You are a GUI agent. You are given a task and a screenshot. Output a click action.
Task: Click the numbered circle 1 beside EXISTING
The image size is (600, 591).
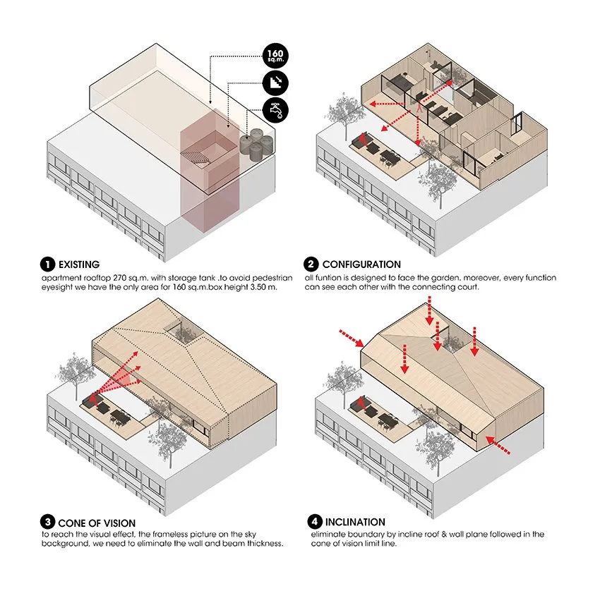48,265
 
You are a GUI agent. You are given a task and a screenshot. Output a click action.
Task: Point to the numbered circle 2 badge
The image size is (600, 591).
311,265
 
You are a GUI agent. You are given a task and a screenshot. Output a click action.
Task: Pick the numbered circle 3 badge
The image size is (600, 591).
48,523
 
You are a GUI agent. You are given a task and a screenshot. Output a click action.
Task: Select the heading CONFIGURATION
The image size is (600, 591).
361,265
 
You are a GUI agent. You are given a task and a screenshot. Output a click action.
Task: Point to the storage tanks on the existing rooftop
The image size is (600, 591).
257,143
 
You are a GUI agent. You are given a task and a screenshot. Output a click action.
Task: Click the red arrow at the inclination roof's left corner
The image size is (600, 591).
350,337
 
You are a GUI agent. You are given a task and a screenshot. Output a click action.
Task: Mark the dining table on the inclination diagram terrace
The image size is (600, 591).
386,422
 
